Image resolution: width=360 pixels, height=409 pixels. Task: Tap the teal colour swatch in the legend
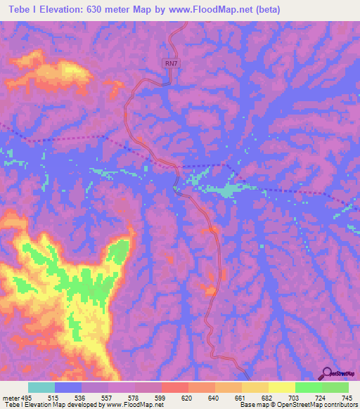tap(41, 388)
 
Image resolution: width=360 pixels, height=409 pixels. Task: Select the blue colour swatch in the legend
tap(68, 388)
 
